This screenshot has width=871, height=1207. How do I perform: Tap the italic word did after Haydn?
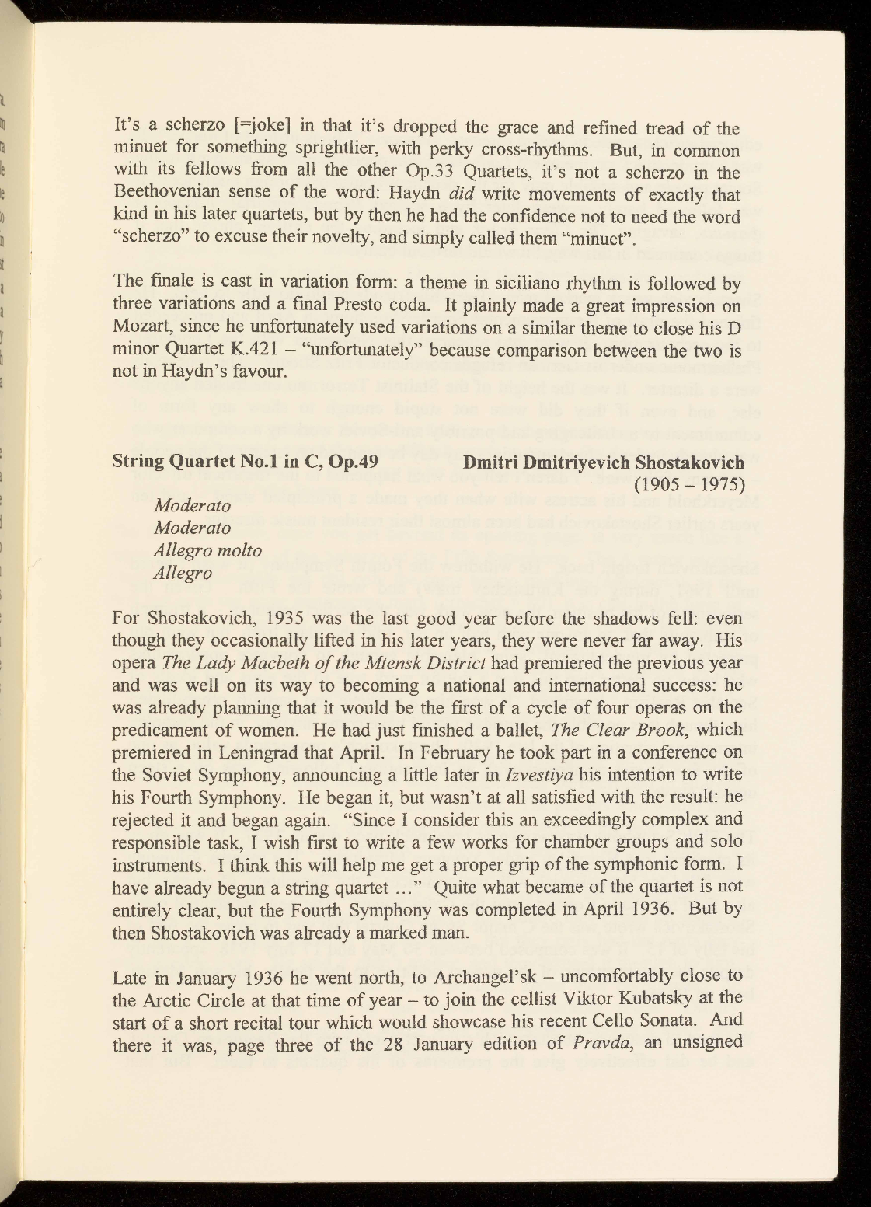(x=451, y=194)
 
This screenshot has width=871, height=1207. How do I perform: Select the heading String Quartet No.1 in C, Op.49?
(x=246, y=462)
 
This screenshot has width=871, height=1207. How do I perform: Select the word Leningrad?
(x=286, y=753)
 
